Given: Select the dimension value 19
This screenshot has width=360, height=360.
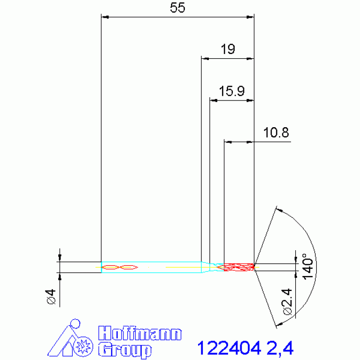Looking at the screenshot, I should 228,49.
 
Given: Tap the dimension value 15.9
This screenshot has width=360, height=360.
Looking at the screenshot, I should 231,91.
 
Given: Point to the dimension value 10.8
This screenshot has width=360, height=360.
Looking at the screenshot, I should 276,133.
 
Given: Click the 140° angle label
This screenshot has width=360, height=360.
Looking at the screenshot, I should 307,267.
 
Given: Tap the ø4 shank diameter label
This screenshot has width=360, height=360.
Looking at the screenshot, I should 51,297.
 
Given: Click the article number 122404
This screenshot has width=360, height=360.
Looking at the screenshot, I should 229,348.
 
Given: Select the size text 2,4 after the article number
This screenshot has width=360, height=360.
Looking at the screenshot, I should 280,348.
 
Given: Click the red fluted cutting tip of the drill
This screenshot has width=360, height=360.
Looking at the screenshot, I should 238,267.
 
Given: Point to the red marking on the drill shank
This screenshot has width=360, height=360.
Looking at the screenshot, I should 120,267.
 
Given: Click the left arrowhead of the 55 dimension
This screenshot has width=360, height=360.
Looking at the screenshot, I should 105,17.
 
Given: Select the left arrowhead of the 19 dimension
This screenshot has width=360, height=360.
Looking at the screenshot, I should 205,59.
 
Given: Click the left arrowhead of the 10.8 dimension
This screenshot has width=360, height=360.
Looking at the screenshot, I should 228,141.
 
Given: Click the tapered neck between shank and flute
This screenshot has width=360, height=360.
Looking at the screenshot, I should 206,267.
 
